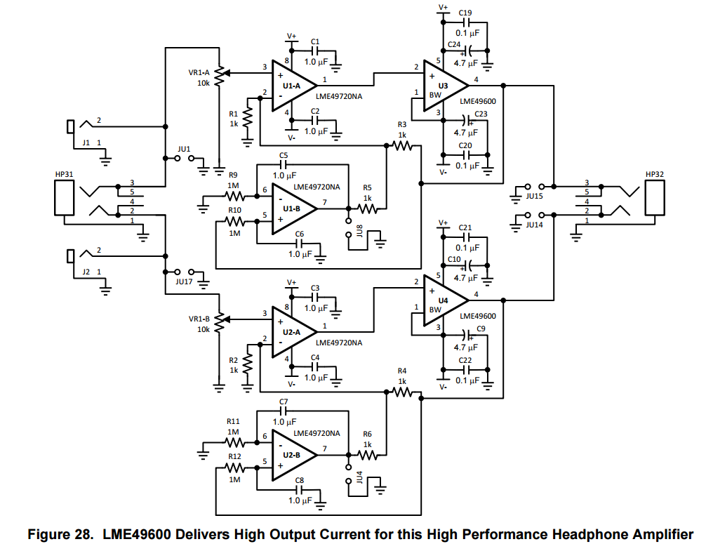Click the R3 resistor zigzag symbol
[403, 145]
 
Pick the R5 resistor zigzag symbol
[368, 208]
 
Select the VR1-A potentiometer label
[199, 72]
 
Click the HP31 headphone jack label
[64, 174]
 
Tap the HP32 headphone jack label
[654, 174]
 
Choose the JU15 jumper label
[535, 197]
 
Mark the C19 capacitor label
[465, 13]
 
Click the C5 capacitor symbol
[284, 165]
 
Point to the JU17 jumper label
[184, 282]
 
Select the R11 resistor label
[233, 421]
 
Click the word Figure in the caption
[48, 535]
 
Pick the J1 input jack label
[86, 142]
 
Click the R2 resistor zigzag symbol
[247, 365]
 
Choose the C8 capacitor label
[300, 481]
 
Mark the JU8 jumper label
[359, 231]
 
